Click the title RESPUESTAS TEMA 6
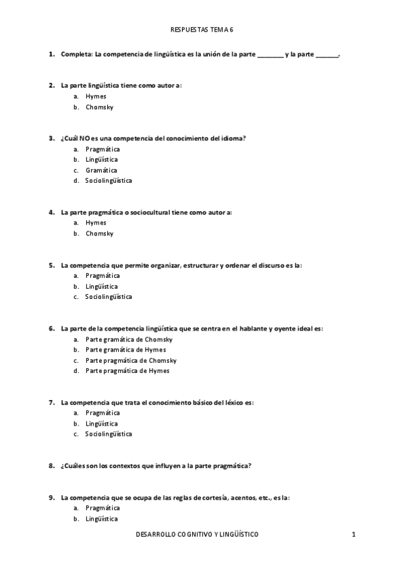202,30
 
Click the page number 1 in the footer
353,534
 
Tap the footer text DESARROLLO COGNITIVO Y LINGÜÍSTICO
197,534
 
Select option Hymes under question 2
96,96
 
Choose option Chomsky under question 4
99,234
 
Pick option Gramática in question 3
101,170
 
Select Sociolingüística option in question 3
109,181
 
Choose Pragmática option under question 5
103,276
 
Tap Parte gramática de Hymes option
125,350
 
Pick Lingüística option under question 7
102,424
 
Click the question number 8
51,465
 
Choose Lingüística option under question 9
102,519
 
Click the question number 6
51,328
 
